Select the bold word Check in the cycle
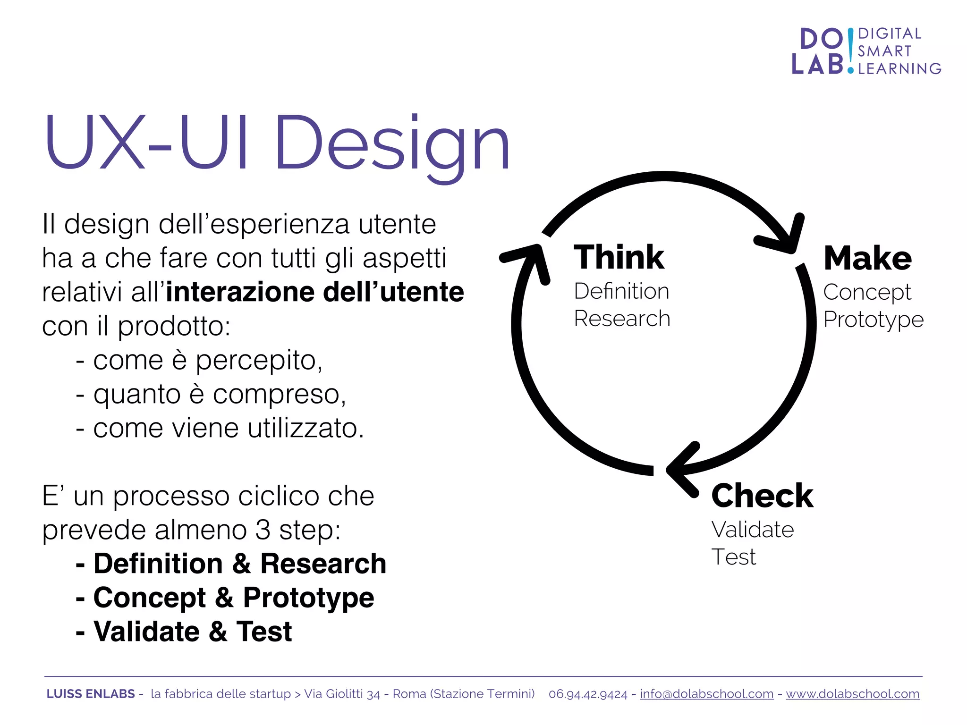(x=762, y=496)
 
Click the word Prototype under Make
(x=873, y=320)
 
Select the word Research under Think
(x=622, y=319)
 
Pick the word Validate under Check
(x=752, y=530)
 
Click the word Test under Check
(x=733, y=557)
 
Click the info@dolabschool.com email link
(x=706, y=694)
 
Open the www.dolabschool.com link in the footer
(x=852, y=694)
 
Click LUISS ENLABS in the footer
(x=91, y=694)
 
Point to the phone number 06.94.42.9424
(x=588, y=694)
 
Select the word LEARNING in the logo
(x=899, y=69)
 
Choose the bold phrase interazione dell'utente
(x=315, y=292)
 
